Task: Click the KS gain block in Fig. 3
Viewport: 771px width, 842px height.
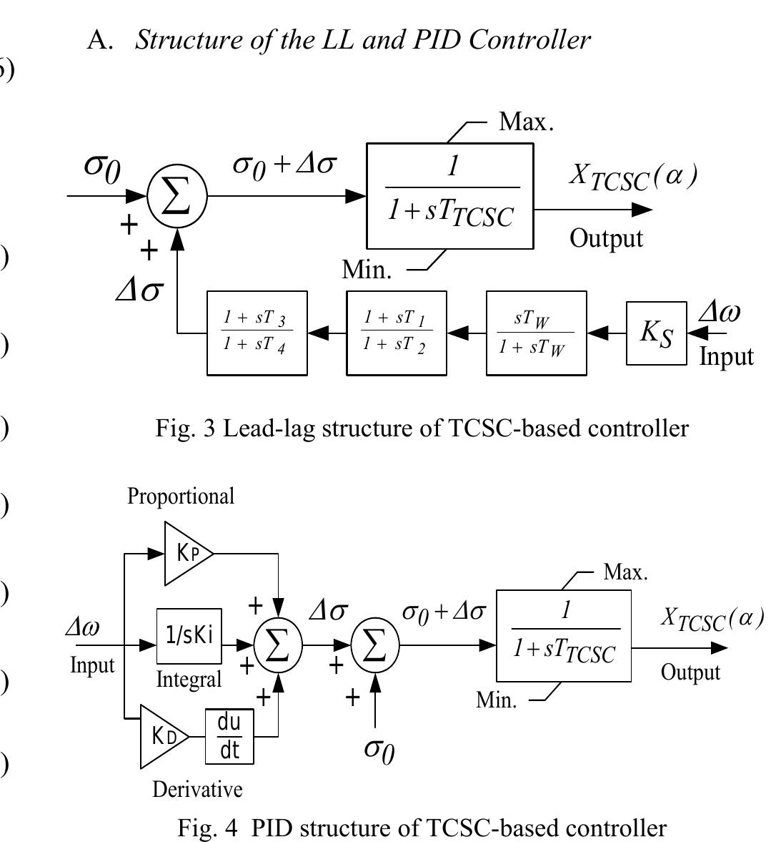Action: tap(657, 333)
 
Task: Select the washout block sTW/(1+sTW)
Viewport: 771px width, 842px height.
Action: tap(536, 333)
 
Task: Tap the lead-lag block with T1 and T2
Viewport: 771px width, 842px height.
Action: tap(397, 333)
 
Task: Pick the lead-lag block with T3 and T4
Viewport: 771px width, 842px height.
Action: tap(257, 333)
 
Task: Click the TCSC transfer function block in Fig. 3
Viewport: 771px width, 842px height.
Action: tap(450, 196)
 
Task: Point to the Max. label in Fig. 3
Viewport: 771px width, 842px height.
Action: tap(526, 122)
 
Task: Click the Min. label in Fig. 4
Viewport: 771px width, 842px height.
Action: tap(497, 700)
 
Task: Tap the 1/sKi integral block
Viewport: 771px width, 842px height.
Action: tap(189, 636)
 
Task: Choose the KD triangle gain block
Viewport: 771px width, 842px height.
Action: tap(163, 736)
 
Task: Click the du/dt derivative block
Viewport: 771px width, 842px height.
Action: tap(229, 736)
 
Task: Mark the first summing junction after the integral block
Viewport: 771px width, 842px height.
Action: tap(278, 646)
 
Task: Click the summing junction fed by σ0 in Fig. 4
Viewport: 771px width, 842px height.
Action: tap(375, 646)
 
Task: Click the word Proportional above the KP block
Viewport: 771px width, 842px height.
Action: tap(181, 496)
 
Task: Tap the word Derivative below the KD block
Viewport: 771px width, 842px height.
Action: tap(198, 790)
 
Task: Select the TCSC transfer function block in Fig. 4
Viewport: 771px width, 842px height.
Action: tap(564, 635)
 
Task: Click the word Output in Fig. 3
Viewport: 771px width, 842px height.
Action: tap(606, 238)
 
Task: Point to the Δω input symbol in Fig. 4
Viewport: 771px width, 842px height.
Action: tap(83, 627)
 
